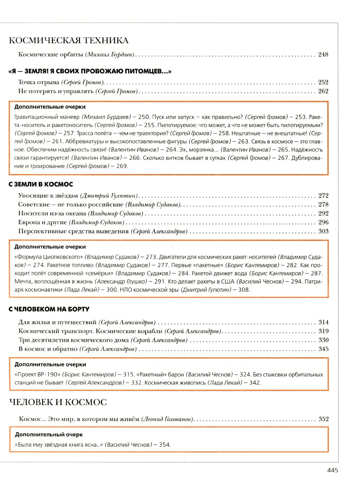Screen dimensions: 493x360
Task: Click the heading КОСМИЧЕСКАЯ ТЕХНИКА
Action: (x=69, y=40)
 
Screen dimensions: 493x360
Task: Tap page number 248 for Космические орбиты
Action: (x=323, y=54)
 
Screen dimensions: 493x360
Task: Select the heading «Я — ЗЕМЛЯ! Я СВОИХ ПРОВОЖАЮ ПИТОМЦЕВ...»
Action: (x=89, y=71)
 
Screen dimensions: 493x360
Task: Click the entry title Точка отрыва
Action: (x=38, y=82)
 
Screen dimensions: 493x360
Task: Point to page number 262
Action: (x=323, y=91)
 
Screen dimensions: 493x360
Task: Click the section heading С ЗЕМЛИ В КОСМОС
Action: (x=41, y=184)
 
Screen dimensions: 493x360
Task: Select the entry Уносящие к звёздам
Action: (x=48, y=195)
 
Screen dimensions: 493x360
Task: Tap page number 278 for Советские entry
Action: (x=323, y=204)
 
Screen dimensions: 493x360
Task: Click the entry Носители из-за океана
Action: (x=52, y=213)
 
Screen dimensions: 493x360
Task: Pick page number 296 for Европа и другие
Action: (x=323, y=222)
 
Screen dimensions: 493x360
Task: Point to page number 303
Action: (x=323, y=231)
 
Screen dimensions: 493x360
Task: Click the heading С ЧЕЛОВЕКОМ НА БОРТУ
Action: (x=49, y=309)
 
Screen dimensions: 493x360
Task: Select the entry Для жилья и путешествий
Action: (x=57, y=322)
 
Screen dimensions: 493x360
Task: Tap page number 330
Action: (x=323, y=340)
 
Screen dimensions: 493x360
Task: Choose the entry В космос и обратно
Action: (x=48, y=349)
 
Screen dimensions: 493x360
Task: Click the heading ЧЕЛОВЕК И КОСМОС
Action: (x=58, y=402)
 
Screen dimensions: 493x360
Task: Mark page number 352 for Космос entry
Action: (x=323, y=419)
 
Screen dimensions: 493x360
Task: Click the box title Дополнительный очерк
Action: (x=49, y=434)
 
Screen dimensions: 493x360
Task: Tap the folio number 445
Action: (x=332, y=470)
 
